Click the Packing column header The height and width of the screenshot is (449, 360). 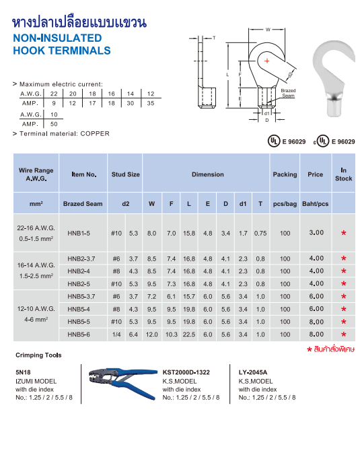tap(285, 174)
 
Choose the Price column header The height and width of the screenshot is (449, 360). tap(315, 174)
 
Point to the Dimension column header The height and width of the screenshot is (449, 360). tap(207, 174)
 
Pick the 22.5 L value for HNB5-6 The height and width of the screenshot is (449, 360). tap(189, 334)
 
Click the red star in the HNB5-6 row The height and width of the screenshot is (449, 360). tap(343, 335)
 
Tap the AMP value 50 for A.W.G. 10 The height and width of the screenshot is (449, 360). tap(53, 124)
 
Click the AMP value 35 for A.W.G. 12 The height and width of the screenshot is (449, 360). tap(150, 103)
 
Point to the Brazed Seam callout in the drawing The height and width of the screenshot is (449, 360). tap(288, 93)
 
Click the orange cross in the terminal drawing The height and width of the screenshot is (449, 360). tap(267, 62)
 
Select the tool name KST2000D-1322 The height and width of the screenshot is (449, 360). tap(190, 372)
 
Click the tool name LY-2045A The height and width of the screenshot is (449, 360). tap(252, 372)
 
